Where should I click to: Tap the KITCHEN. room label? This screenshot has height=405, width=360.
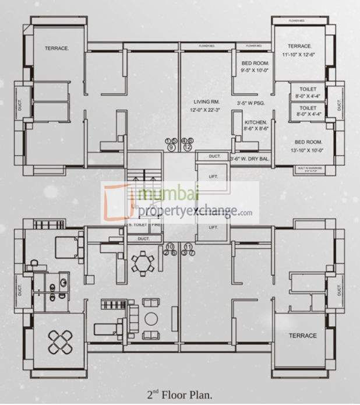pos(256,122)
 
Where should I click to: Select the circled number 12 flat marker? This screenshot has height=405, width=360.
pos(188,147)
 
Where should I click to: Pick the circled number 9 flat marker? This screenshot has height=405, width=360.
pos(171,147)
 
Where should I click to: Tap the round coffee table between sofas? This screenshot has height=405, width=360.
pos(151,319)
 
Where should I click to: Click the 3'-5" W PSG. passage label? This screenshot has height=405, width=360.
pos(250,103)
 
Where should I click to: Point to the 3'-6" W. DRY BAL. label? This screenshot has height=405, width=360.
pos(250,158)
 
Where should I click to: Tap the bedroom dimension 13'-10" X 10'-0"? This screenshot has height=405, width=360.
pos(308,150)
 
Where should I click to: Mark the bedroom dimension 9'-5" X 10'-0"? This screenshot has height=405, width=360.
pos(255,70)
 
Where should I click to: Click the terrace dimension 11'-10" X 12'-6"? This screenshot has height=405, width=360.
pos(298,55)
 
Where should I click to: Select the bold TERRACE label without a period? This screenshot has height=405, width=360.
pos(302,336)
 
